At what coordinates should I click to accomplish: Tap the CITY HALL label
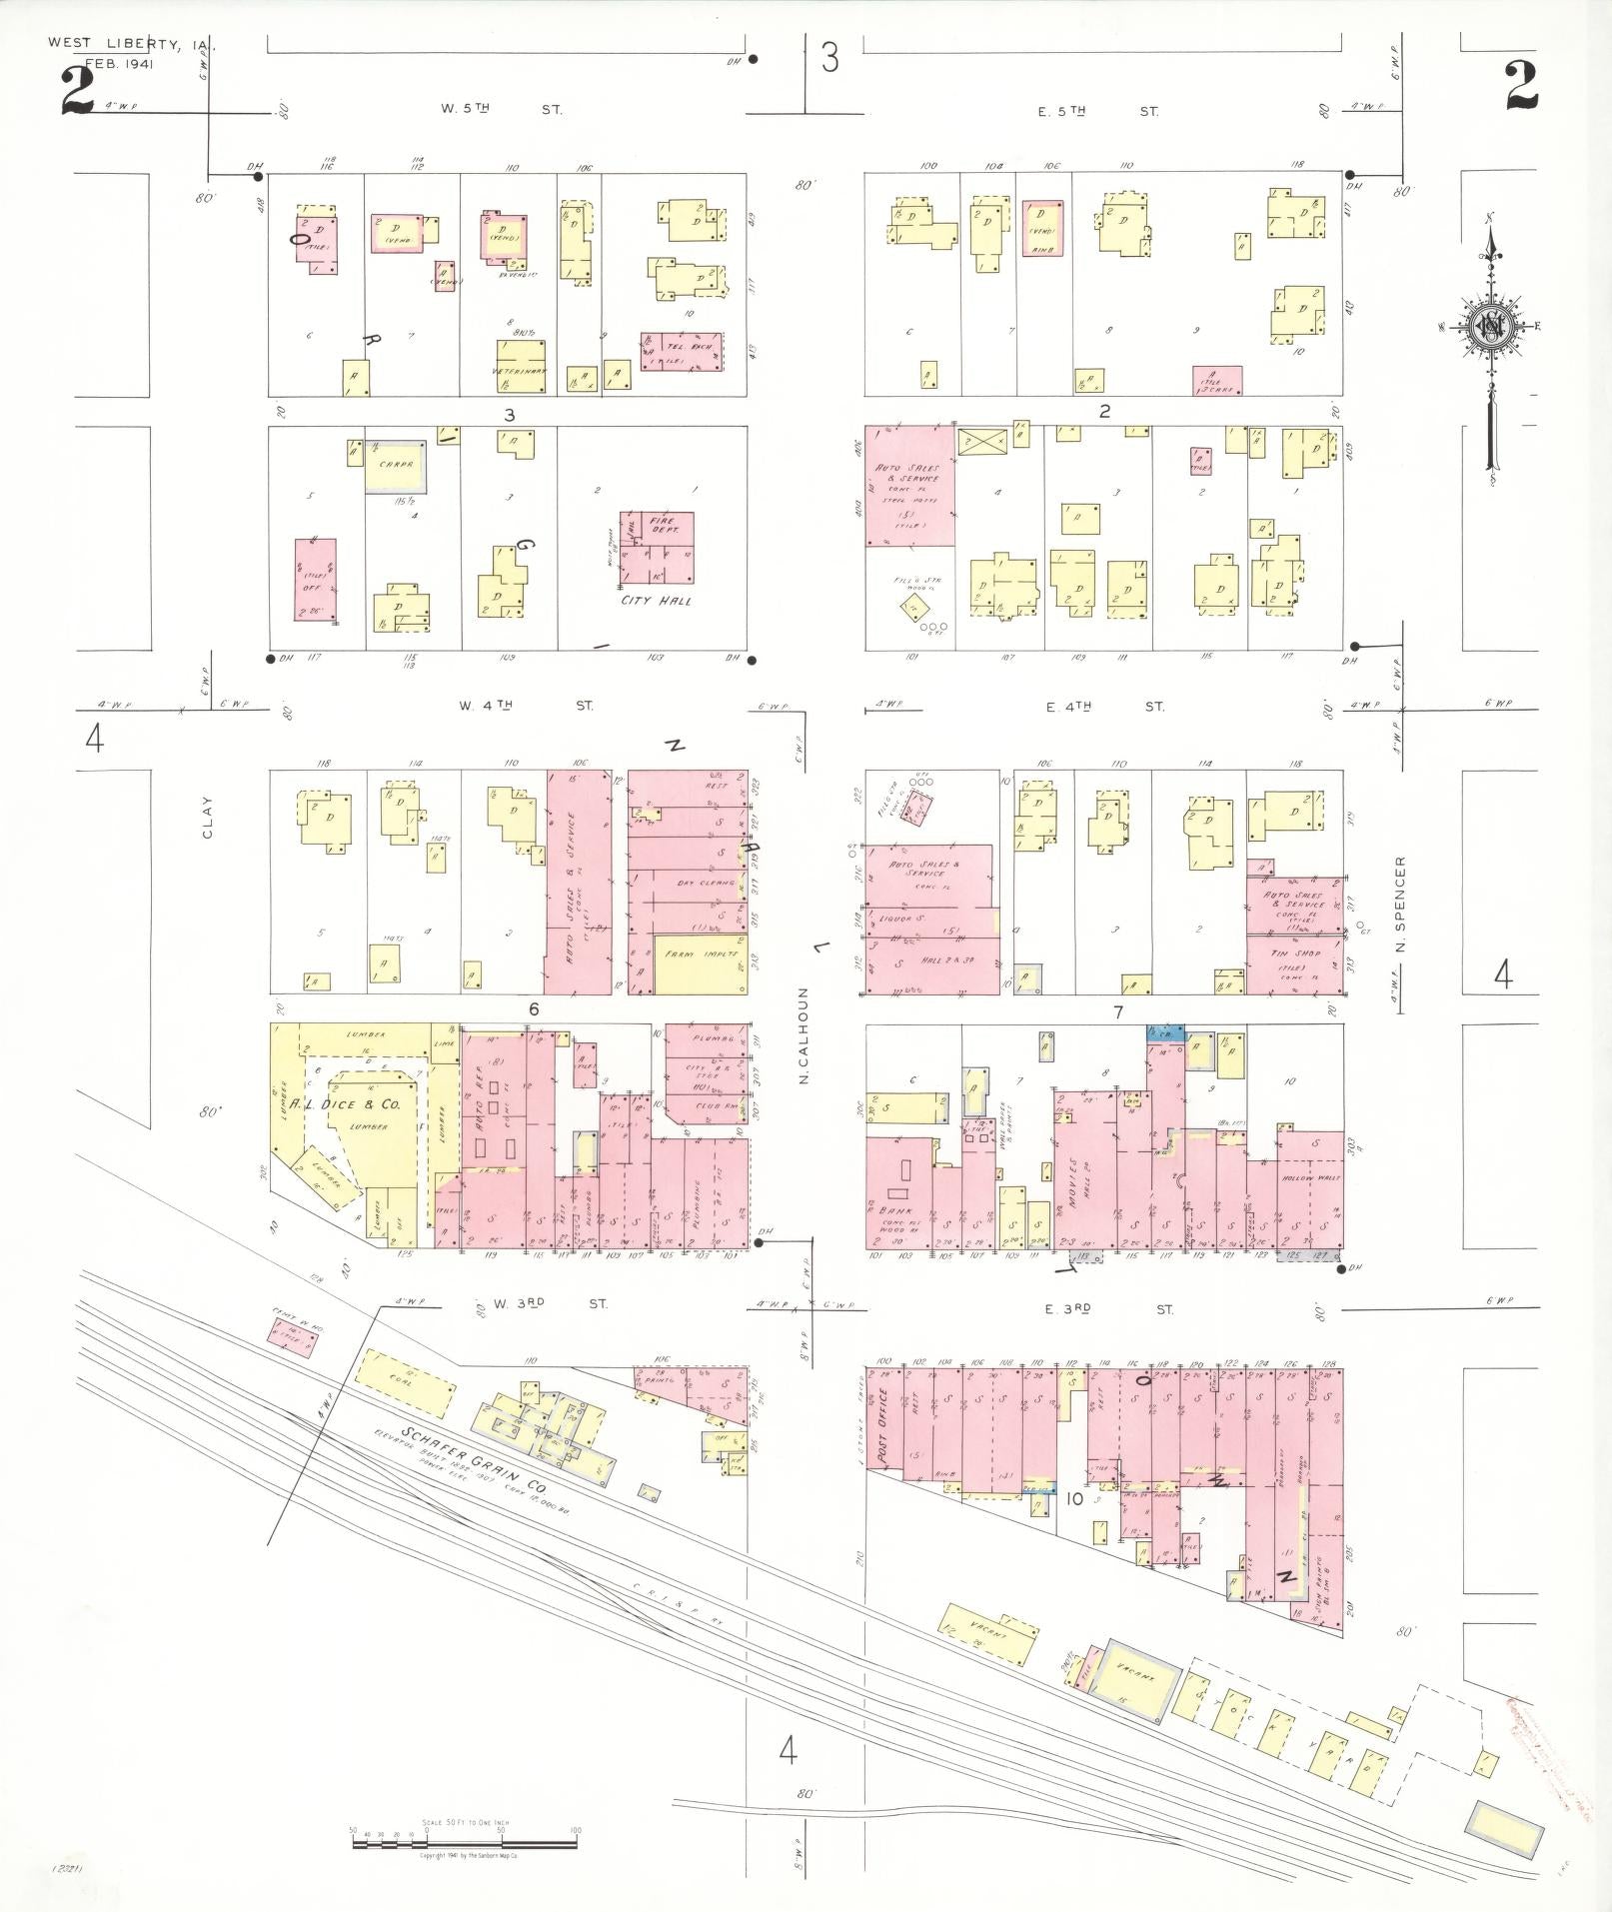click(656, 601)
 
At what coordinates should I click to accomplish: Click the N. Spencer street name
click(1401, 904)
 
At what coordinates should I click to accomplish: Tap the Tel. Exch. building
click(682, 351)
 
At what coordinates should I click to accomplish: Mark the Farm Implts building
click(701, 963)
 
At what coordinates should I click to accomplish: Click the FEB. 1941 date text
click(114, 65)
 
